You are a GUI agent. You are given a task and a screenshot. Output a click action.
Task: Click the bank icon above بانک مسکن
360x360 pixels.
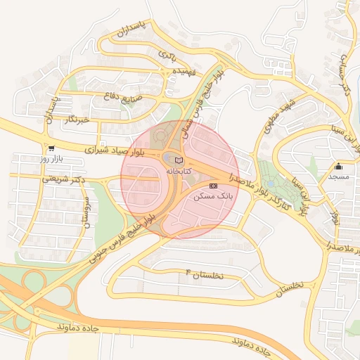[214, 185]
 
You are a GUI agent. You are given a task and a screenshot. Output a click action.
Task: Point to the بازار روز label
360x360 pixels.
[51, 159]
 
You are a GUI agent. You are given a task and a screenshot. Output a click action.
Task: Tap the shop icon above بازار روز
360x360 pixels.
[51, 148]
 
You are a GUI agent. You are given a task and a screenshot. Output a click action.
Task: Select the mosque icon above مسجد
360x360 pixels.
[339, 167]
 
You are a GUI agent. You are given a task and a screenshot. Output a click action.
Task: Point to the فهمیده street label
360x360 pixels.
[193, 71]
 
